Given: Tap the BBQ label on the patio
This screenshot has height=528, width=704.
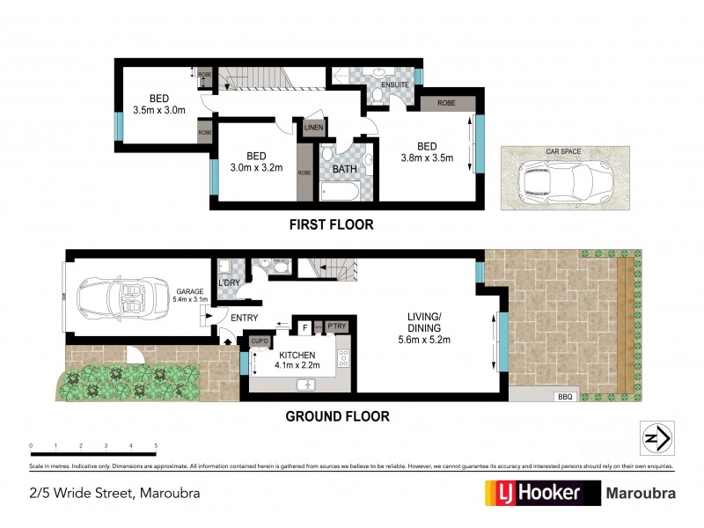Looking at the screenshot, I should (564, 397).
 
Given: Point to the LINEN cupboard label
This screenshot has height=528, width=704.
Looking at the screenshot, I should (314, 128).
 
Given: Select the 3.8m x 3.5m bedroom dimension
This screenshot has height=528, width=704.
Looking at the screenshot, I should (427, 159).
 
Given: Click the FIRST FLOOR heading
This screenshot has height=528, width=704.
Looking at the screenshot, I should (332, 225).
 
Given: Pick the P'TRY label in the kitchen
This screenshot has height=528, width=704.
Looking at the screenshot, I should (336, 326).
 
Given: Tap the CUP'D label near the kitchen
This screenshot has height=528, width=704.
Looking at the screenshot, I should (259, 341).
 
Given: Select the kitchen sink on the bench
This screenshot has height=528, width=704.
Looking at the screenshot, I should (306, 384).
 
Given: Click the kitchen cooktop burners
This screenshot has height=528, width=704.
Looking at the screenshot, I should (344, 358).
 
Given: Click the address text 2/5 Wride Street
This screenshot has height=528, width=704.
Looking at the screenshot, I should (112, 493).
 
